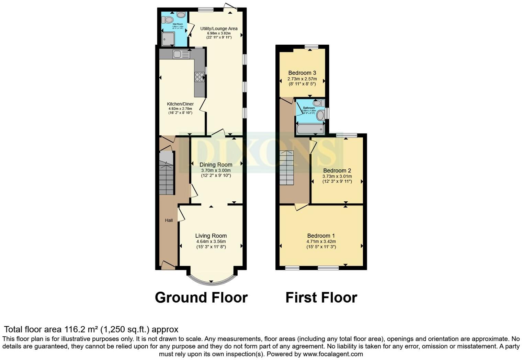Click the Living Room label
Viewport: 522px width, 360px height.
coord(211,236)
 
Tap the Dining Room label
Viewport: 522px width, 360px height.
coord(216,165)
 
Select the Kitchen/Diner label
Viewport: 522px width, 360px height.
coord(180,104)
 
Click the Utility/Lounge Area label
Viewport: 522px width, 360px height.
coord(219,29)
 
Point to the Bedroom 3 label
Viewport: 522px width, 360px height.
coord(302,73)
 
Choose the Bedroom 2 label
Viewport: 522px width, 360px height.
coord(337,170)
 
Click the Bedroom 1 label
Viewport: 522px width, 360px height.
coord(321,236)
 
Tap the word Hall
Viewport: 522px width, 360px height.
coord(169,220)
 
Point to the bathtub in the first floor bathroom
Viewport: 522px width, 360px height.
coord(310,129)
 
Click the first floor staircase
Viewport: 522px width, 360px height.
coord(286,168)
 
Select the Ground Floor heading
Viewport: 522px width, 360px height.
coord(201,297)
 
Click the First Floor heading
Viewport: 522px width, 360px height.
coord(321,297)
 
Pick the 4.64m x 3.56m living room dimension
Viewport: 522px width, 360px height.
coord(211,241)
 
